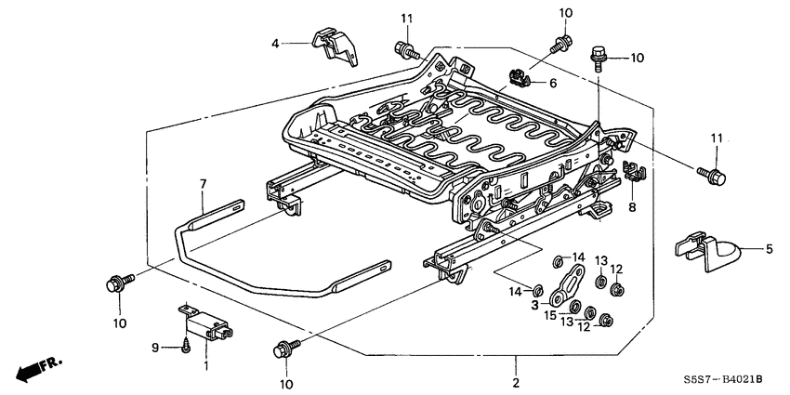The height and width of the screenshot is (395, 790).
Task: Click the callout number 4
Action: (275, 43)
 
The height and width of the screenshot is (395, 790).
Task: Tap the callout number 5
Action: (769, 248)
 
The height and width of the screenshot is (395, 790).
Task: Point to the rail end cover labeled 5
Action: (707, 248)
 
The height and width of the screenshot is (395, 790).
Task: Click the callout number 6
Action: (552, 83)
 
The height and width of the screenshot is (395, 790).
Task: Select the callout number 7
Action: (202, 186)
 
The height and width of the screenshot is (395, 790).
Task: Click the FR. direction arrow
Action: (35, 366)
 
